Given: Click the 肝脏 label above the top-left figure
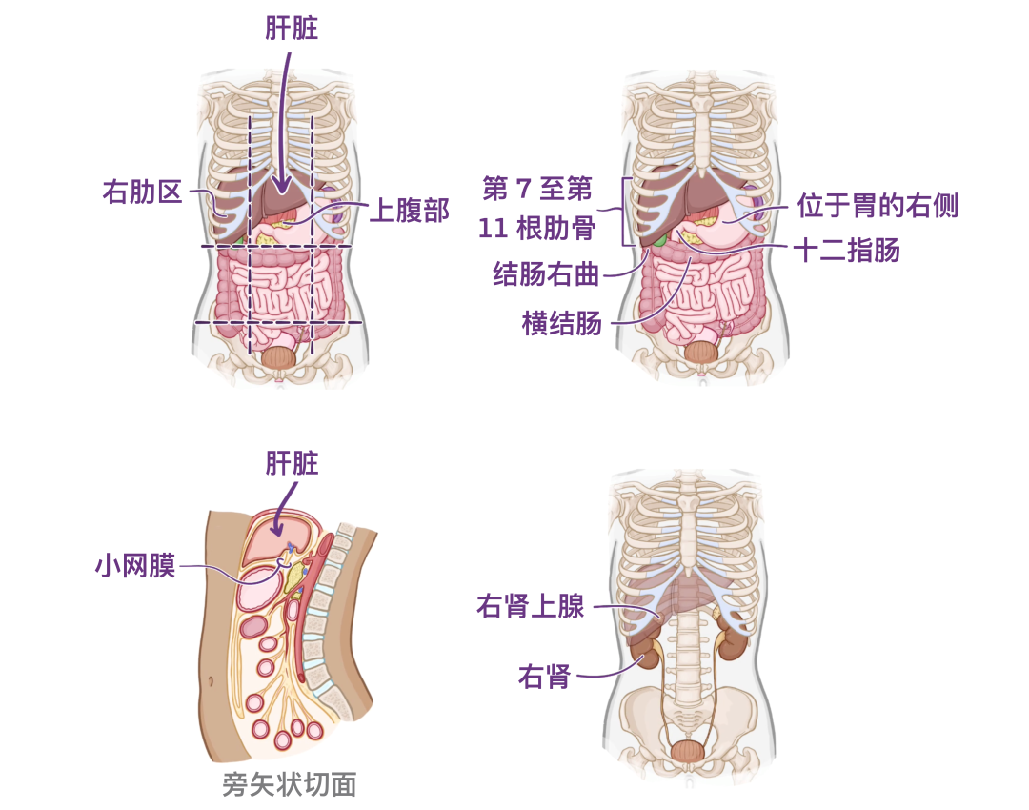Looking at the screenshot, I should (x=292, y=30).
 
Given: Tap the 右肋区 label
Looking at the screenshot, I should (x=142, y=192).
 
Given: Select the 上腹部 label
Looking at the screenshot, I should (x=409, y=210).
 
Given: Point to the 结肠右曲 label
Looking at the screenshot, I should (x=546, y=275).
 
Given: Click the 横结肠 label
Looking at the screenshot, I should (x=562, y=324).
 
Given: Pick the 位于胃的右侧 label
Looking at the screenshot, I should (x=877, y=205).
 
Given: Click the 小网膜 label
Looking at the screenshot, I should (x=134, y=566).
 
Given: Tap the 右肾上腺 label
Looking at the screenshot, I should (x=531, y=606).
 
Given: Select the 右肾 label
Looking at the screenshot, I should (x=544, y=677).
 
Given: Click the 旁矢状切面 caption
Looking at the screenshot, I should (x=289, y=784).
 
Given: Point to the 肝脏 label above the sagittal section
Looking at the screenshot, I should (x=292, y=464).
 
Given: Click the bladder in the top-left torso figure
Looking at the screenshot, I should (x=279, y=357).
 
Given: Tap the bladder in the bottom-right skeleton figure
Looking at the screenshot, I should (x=688, y=749).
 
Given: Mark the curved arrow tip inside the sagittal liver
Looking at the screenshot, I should (x=276, y=530).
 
